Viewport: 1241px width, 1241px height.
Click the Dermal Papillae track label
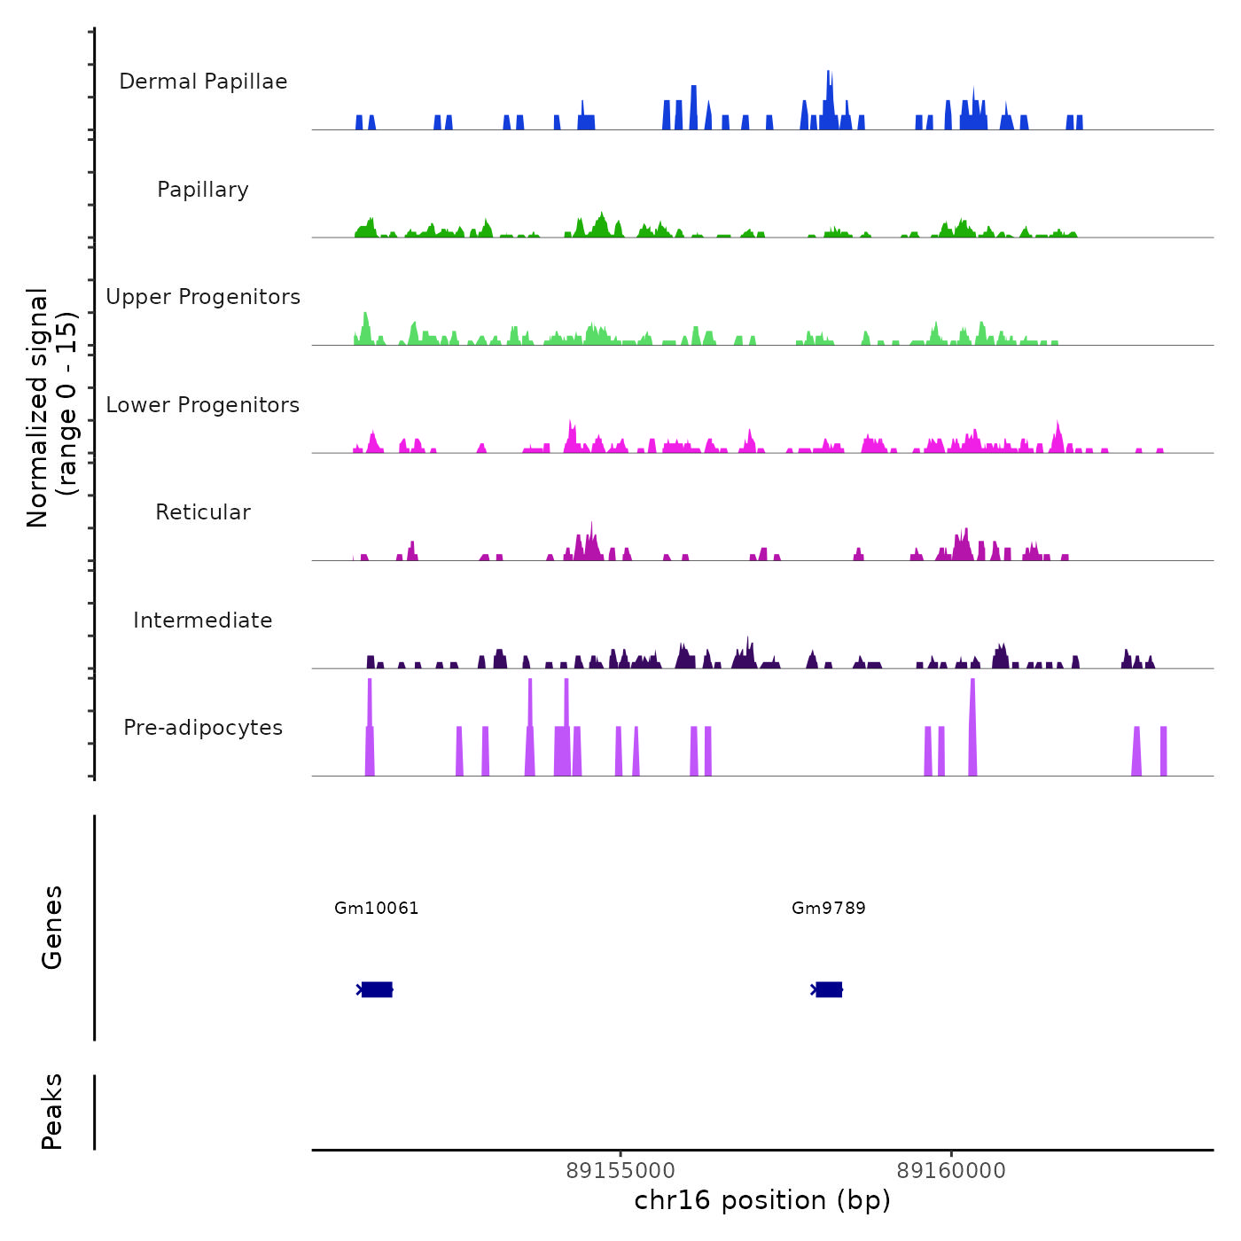click(x=203, y=82)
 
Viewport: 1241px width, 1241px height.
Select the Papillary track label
click(x=203, y=190)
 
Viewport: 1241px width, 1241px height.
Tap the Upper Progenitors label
click(x=203, y=297)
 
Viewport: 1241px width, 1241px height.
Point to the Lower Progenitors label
click(x=203, y=405)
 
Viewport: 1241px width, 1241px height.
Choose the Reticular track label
click(x=203, y=512)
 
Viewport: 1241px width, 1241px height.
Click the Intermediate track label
click(x=203, y=620)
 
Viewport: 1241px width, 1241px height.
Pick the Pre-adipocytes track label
click(x=203, y=728)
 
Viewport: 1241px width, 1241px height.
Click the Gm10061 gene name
click(x=377, y=908)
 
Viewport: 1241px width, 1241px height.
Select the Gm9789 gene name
click(x=829, y=908)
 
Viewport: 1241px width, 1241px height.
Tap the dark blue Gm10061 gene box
click(x=377, y=989)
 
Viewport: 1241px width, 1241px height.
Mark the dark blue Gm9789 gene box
click(x=829, y=989)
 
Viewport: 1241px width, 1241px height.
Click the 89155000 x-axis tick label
click(x=620, y=1171)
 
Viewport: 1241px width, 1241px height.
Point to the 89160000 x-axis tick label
click(x=951, y=1171)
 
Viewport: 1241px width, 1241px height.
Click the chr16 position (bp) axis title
click(x=762, y=1200)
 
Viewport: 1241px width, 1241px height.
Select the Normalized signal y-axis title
click(x=51, y=407)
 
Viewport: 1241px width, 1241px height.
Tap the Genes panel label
click(x=52, y=927)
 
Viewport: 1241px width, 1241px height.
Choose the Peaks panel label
click(x=52, y=1112)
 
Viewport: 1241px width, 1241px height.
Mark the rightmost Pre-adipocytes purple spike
click(x=1164, y=750)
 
